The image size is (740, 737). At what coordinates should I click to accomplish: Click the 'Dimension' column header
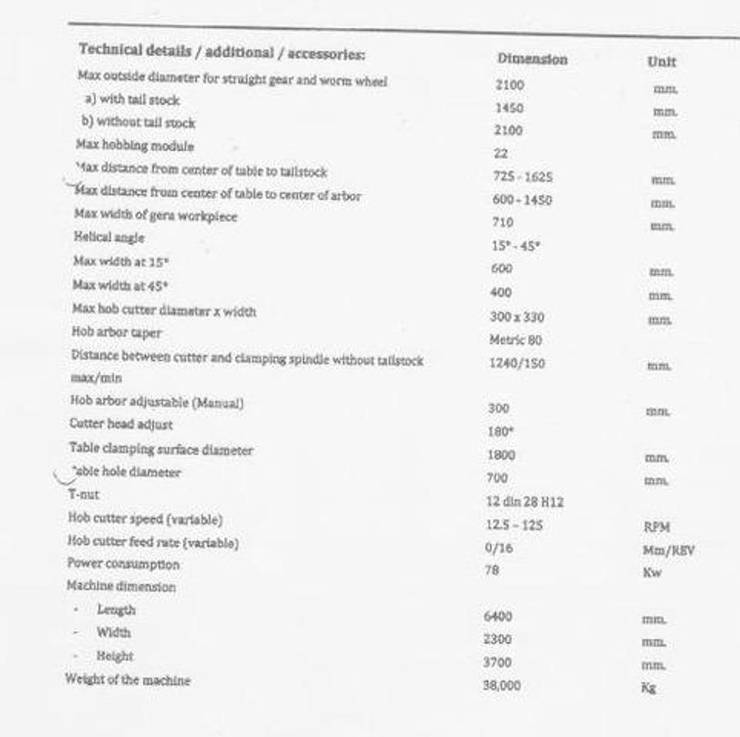pyautogui.click(x=531, y=60)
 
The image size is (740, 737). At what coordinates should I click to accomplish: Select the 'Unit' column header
pyautogui.click(x=661, y=61)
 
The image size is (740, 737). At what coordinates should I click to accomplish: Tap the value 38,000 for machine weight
pyautogui.click(x=501, y=685)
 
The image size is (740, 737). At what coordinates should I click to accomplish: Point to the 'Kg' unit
pyautogui.click(x=648, y=688)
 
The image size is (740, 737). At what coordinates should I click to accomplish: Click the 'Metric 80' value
pyautogui.click(x=515, y=340)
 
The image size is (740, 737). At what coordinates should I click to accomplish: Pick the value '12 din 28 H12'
pyautogui.click(x=525, y=501)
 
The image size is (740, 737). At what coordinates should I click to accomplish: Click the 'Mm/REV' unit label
pyautogui.click(x=668, y=550)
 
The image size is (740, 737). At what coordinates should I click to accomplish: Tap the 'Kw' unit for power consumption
pyautogui.click(x=652, y=572)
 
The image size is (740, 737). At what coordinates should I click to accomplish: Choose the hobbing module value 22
pyautogui.click(x=501, y=153)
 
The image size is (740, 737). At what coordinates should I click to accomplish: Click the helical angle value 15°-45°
pyautogui.click(x=517, y=246)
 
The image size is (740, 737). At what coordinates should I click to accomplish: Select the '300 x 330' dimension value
pyautogui.click(x=517, y=317)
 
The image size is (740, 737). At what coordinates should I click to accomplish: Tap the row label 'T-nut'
pyautogui.click(x=83, y=495)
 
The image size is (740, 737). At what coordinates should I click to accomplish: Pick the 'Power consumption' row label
pyautogui.click(x=123, y=564)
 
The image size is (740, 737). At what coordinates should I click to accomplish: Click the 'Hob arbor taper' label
pyautogui.click(x=116, y=332)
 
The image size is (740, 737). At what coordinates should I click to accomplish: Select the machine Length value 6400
pyautogui.click(x=498, y=616)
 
